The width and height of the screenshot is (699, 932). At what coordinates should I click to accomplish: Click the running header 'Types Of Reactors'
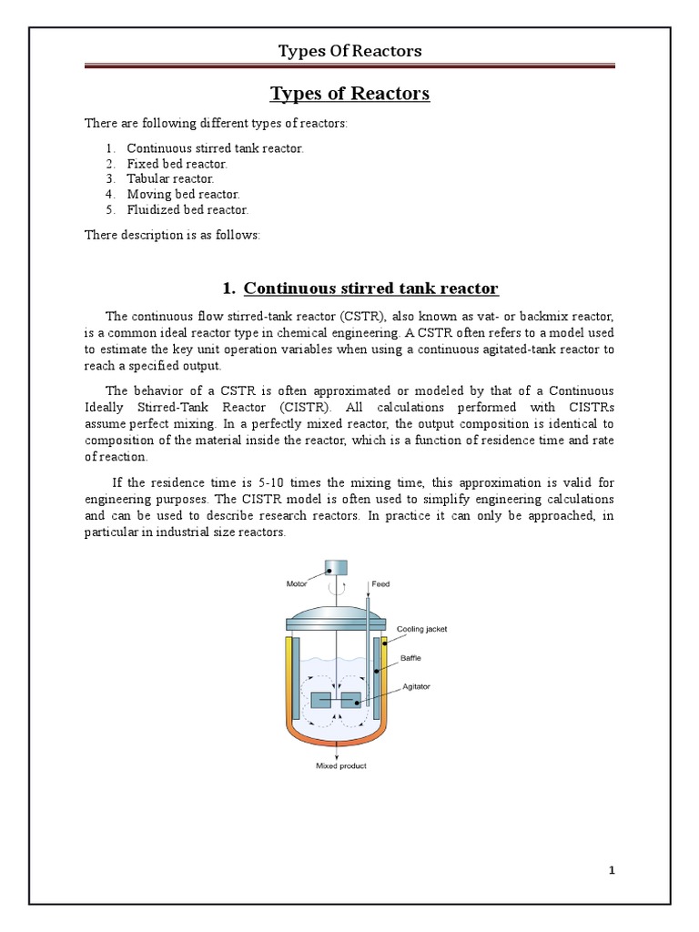tap(349, 51)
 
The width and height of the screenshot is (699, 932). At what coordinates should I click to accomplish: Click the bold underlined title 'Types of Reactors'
tap(349, 94)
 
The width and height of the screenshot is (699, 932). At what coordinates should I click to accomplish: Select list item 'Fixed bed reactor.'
tap(177, 164)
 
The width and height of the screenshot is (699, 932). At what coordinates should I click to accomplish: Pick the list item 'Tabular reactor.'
tap(170, 179)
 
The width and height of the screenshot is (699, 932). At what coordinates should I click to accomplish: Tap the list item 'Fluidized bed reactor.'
tap(187, 210)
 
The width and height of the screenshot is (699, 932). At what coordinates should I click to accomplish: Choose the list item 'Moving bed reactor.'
tap(183, 195)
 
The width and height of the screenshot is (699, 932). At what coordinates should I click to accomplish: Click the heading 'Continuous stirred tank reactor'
tap(371, 289)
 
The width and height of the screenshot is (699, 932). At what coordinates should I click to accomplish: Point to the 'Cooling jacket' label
tap(422, 629)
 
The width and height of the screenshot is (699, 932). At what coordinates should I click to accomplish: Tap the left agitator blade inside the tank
tap(321, 701)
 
